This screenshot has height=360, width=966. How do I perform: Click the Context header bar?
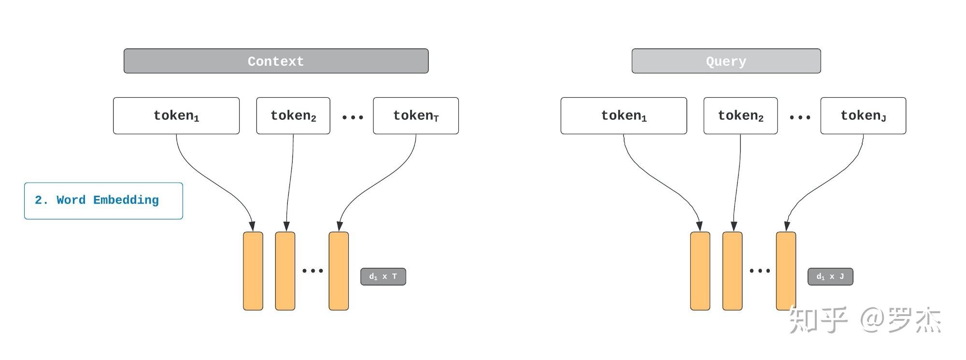276,61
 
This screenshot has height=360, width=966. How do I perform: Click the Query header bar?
726,61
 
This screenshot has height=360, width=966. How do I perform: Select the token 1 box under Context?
176,115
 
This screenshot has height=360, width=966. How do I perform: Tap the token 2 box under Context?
293,115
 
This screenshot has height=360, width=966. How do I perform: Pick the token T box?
416,115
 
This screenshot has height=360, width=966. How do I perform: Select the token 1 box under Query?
624,115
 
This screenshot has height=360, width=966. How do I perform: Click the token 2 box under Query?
740,115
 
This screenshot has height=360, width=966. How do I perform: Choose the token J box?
863,115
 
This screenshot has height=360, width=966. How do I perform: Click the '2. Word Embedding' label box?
103,201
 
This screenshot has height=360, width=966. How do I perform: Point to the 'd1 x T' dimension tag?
383,276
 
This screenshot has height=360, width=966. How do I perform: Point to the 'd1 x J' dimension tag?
830,276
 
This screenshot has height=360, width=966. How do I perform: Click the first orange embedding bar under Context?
253,271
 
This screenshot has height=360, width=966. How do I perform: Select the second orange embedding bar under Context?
285,271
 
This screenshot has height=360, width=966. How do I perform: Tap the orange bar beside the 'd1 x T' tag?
339,271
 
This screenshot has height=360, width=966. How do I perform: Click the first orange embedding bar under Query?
700,271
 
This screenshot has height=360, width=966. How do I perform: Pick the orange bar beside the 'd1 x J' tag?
786,271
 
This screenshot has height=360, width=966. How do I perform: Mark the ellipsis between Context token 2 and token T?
353,117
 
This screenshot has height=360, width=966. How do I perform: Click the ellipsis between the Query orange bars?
760,271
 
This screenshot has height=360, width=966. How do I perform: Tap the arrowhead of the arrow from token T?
340,226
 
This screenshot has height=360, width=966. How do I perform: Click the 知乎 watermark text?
818,319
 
